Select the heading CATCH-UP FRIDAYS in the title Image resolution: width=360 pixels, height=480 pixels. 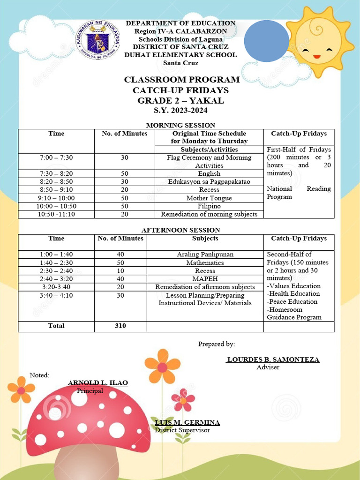point(180,90)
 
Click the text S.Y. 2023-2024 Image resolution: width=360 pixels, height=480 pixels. point(180,111)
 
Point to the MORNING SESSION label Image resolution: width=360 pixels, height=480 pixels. point(180,125)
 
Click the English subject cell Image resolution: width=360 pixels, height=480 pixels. point(209,173)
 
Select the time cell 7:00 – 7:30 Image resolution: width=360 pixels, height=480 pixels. point(56,157)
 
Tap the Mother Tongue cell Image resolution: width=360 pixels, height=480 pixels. point(209,198)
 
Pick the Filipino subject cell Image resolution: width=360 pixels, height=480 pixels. point(209,206)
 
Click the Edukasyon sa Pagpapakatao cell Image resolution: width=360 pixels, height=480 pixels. point(209,181)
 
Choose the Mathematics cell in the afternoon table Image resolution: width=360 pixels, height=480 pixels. point(205,262)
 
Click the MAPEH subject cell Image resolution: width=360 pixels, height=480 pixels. point(205,278)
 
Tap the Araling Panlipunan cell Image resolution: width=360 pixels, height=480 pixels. point(205,255)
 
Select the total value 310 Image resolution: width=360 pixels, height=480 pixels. point(120,326)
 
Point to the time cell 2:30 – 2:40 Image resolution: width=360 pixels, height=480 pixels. point(56,270)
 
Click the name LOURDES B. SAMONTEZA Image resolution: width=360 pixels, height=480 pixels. point(273,360)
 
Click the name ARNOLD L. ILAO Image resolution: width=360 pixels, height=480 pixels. point(98,383)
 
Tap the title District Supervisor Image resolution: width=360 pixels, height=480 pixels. point(182,430)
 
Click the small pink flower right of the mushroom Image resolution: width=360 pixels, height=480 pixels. point(183,399)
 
